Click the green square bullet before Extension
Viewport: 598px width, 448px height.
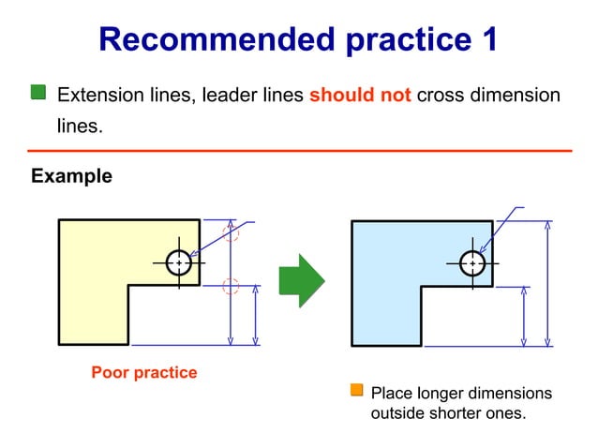click(38, 92)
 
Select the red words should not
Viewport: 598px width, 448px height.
click(360, 95)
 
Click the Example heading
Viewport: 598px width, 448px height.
click(71, 176)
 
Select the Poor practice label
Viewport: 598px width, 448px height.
click(143, 372)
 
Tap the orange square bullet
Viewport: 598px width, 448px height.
click(356, 391)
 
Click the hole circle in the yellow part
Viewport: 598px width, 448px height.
click(178, 263)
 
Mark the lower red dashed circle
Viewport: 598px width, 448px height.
click(231, 286)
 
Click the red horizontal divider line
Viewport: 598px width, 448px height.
click(299, 150)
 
